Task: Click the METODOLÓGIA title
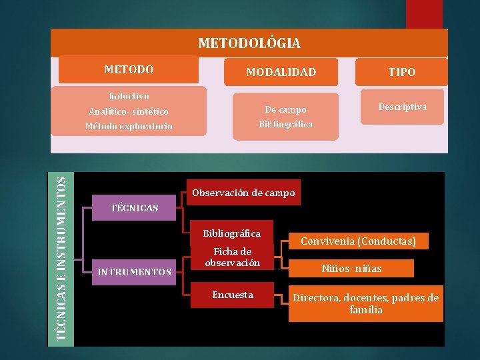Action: pos(249,43)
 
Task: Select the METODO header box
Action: pos(129,69)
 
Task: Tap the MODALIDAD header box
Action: pos(281,72)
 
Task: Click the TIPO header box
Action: pos(402,72)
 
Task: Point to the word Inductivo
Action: pos(129,97)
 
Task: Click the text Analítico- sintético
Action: pos(129,111)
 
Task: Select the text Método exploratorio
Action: pos(129,126)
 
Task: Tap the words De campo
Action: pos(285,109)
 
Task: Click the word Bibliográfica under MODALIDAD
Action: pos(285,124)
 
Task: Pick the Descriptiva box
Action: pos(402,107)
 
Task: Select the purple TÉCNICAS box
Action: pos(133,208)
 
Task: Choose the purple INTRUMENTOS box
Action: pos(134,271)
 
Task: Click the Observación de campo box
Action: pos(243,193)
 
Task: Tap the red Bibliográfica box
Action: pos(231,233)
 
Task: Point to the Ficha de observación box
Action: pos(231,257)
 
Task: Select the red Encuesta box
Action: pos(232,295)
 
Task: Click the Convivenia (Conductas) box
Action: pos(359,241)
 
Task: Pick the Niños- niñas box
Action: pos(351,269)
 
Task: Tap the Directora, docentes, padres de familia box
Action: pos(366,304)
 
